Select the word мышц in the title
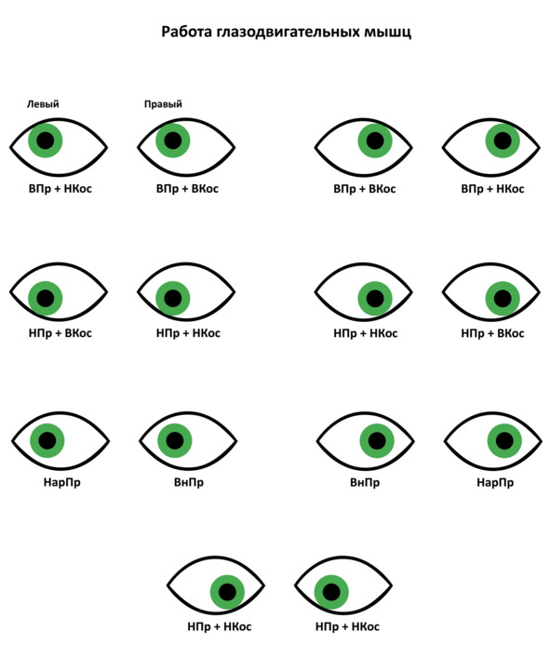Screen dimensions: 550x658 click(387, 33)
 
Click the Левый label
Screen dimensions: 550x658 click(43, 103)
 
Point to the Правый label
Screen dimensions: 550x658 click(163, 103)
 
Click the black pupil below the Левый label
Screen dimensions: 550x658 click(46, 141)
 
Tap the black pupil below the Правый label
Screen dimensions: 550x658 click(173, 141)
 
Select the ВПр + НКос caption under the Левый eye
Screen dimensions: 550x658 click(60, 188)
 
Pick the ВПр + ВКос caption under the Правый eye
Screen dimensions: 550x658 click(188, 188)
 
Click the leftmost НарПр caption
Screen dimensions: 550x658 click(61, 482)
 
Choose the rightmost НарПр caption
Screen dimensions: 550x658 click(495, 482)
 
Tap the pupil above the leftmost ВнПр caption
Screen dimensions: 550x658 click(175, 440)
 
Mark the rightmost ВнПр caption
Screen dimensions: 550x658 click(365, 482)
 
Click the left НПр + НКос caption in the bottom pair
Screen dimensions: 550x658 click(220, 626)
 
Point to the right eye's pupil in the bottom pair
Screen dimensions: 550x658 click(331, 592)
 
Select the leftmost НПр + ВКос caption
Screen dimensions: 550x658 click(60, 333)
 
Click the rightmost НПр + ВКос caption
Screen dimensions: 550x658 click(492, 333)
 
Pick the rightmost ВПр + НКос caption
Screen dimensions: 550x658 click(492, 189)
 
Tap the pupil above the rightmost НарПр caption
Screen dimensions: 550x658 click(504, 440)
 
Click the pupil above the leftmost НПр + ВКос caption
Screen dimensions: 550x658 click(46, 299)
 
